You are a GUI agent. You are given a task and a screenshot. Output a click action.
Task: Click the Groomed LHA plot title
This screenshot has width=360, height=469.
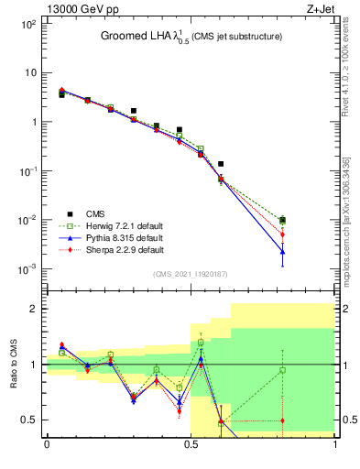(x=191, y=36)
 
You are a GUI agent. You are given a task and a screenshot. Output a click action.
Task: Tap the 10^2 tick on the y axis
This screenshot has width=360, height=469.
(x=30, y=24)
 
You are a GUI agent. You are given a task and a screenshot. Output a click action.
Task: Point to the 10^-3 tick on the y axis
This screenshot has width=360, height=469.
(x=29, y=269)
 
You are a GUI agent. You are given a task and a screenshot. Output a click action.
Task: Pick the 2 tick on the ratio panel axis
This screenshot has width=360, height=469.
(x=35, y=309)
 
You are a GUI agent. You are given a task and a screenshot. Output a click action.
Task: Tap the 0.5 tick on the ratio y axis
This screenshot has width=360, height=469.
(x=30, y=420)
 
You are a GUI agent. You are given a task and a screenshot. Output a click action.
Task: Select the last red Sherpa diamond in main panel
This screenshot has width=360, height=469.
(x=283, y=234)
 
